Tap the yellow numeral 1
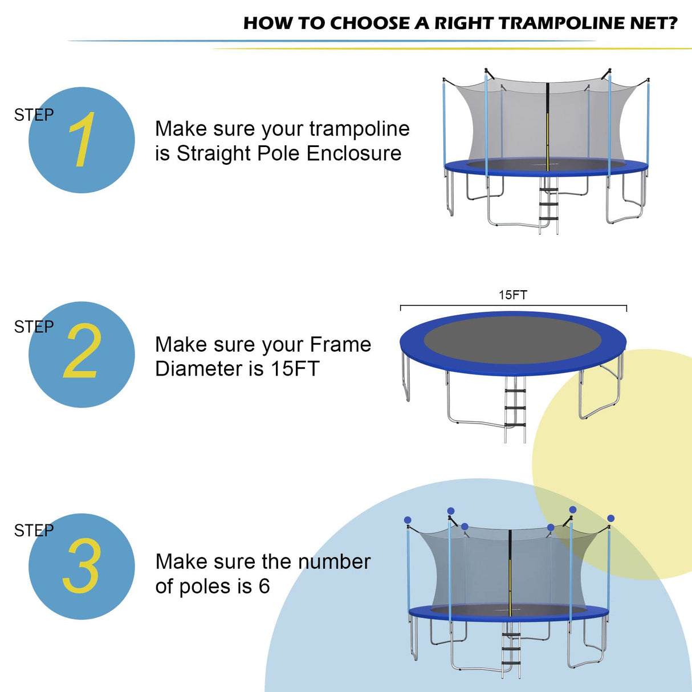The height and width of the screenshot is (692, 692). [x=82, y=140]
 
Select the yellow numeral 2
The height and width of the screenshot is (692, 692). [x=82, y=352]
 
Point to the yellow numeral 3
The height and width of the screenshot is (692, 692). [x=82, y=566]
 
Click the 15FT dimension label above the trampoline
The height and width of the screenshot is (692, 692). [x=512, y=295]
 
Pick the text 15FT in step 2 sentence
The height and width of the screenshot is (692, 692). [x=295, y=369]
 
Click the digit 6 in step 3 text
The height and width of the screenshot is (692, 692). [x=264, y=587]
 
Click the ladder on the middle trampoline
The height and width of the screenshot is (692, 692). [x=515, y=408]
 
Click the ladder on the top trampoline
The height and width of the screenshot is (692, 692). [x=549, y=205]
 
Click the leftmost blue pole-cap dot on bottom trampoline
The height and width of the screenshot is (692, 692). [x=408, y=520]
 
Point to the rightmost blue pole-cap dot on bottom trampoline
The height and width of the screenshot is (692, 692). [x=610, y=518]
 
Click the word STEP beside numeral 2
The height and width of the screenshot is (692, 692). [x=34, y=327]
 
